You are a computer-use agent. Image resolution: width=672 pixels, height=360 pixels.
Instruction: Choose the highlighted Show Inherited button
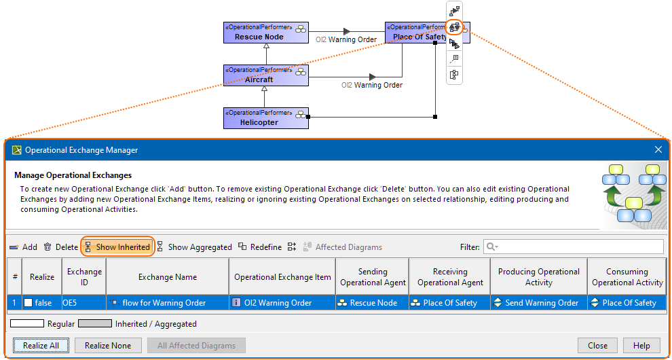tap(117, 247)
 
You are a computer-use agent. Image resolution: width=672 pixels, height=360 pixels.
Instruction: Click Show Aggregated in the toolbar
tap(194, 247)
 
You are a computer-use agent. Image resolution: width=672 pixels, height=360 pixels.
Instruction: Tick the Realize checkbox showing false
tap(29, 303)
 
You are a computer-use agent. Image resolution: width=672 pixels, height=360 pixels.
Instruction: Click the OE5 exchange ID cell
tap(83, 303)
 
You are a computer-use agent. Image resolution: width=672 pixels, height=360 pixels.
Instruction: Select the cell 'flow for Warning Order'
tap(167, 303)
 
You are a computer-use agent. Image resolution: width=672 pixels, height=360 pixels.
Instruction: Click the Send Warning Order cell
tap(538, 303)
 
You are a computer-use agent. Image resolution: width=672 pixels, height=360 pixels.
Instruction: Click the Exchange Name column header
tap(167, 277)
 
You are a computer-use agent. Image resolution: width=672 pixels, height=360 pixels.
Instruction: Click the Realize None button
tap(108, 346)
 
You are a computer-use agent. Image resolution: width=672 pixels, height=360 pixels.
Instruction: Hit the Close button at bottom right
tap(597, 346)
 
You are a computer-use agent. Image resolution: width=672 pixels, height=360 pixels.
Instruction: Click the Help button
tap(641, 346)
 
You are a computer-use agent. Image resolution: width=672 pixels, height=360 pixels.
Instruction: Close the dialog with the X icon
tap(658, 149)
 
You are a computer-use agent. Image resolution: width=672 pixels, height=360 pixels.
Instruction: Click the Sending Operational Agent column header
tap(373, 277)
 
